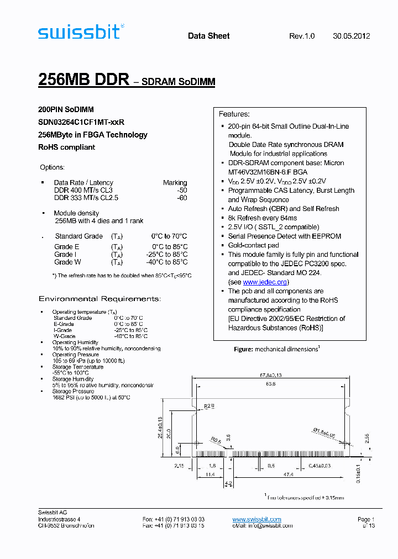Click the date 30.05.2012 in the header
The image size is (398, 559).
(x=352, y=36)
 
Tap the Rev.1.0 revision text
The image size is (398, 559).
(x=302, y=36)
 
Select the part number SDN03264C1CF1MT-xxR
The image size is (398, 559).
(x=81, y=122)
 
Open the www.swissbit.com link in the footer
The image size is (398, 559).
(x=256, y=519)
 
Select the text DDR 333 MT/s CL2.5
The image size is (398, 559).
(x=86, y=198)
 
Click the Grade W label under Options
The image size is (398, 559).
(x=67, y=262)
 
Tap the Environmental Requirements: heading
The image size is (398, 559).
(x=99, y=299)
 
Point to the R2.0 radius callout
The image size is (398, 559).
(x=209, y=407)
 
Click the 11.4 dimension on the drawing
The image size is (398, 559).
(x=211, y=474)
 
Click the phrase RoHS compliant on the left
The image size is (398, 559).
(x=66, y=147)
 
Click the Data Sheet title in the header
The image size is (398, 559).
(x=209, y=36)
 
